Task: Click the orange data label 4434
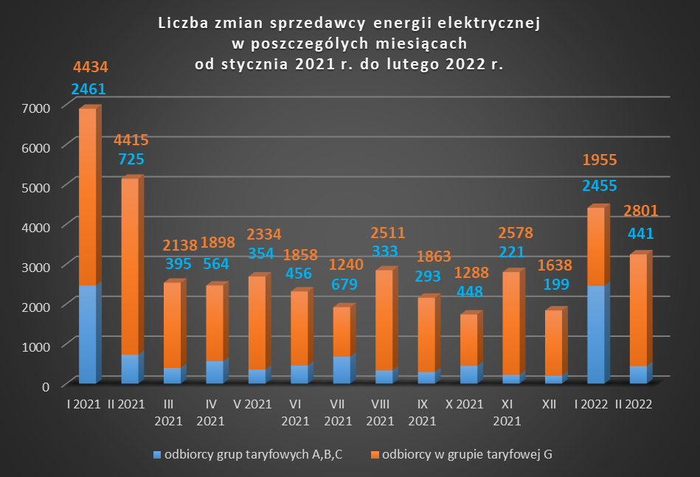[91, 68]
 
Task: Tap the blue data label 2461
[89, 90]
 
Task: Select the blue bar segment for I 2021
[87, 334]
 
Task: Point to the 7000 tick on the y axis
[36, 108]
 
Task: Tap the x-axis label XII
[549, 404]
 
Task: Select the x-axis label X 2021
[465, 404]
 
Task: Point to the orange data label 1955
[599, 160]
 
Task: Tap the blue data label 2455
[599, 185]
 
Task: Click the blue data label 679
[342, 285]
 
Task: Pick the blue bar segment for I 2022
[596, 334]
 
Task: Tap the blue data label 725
[130, 159]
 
